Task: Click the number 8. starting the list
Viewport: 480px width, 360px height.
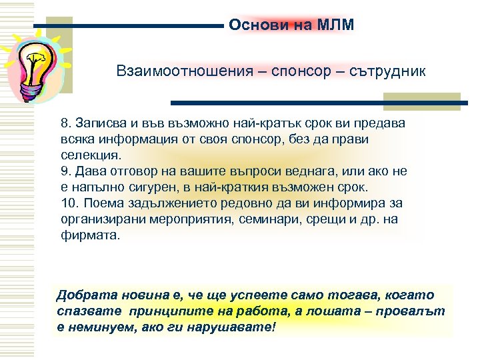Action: coord(65,125)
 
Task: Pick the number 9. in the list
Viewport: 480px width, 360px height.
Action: coord(65,171)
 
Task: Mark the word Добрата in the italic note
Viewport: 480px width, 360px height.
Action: coord(83,295)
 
